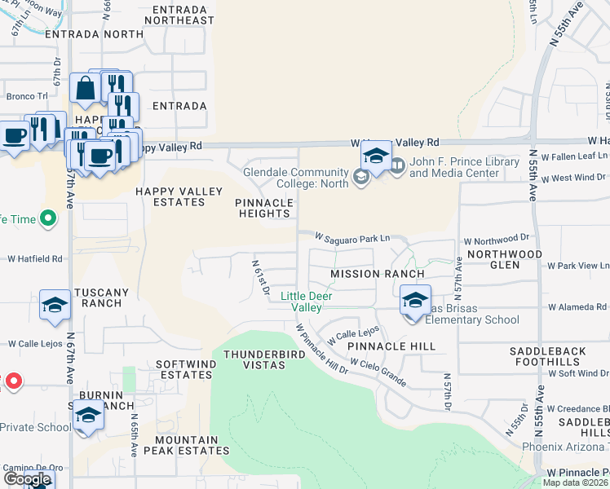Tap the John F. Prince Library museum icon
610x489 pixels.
pyautogui.click(x=397, y=166)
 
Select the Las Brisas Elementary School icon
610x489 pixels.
pyautogui.click(x=415, y=302)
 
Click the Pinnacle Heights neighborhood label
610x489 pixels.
pyautogui.click(x=263, y=208)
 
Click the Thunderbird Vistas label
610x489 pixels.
pyautogui.click(x=254, y=359)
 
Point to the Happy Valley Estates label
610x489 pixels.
pyautogui.click(x=179, y=196)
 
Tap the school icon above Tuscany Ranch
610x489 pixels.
pyautogui.click(x=55, y=305)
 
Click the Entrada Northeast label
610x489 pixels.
pyautogui.click(x=179, y=14)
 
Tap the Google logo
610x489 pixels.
pyautogui.click(x=27, y=479)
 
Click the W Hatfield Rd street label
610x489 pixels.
pyautogui.click(x=35, y=259)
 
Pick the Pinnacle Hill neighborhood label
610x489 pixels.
pyautogui.click(x=391, y=346)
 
